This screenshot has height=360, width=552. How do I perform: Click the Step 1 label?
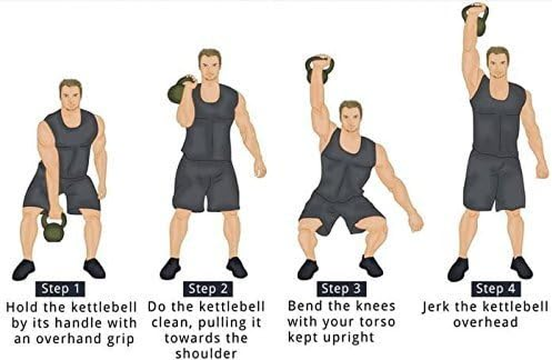click(x=60, y=289)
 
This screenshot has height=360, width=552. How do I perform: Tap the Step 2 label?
click(x=208, y=289)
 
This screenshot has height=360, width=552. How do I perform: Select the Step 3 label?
click(x=342, y=288)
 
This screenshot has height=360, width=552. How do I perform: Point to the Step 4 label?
click(x=495, y=288)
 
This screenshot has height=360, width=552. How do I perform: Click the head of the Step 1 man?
click(x=71, y=95)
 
